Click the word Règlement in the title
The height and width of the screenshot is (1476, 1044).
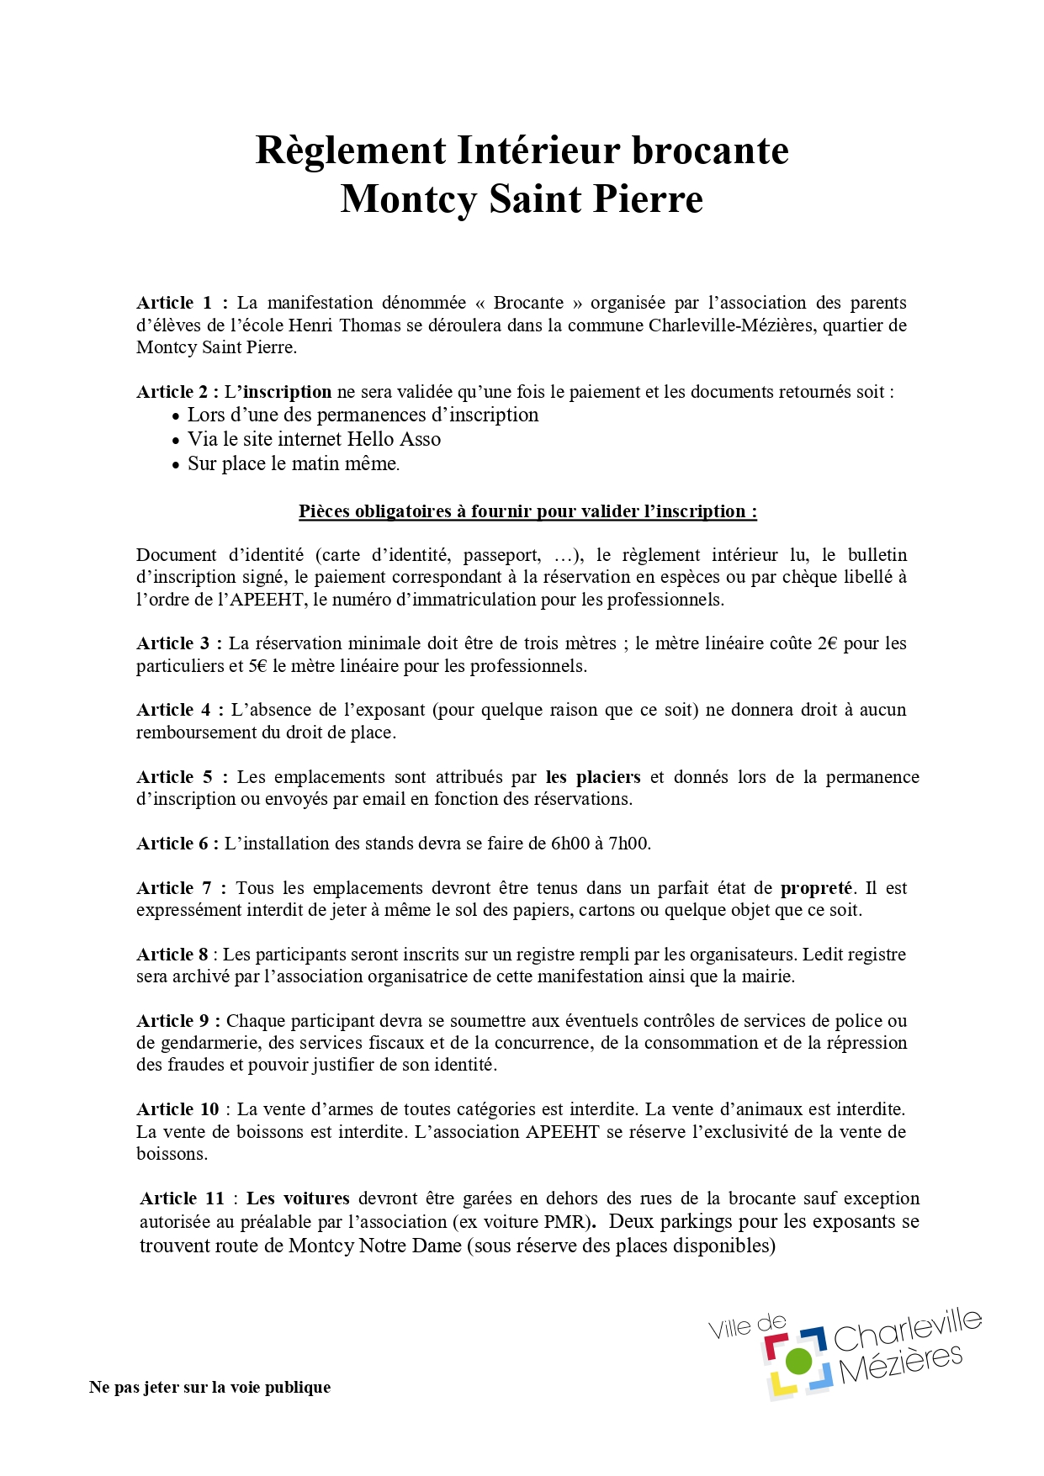[351, 151]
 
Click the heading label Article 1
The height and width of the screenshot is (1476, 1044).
[174, 303]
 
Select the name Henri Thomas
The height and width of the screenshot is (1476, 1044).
[345, 325]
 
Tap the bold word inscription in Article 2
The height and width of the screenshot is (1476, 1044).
[287, 392]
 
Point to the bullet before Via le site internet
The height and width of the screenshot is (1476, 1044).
[176, 441]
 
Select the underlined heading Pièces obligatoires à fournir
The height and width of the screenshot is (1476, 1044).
[527, 511]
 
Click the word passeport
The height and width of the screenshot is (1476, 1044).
[501, 555]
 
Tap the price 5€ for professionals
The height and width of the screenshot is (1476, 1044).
[257, 666]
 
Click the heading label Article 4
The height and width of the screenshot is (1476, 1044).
[174, 710]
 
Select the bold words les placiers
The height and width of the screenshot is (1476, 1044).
[593, 777]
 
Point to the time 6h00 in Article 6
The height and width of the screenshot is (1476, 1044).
[570, 844]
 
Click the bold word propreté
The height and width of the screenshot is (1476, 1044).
[816, 888]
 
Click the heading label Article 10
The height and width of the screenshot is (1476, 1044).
[178, 1109]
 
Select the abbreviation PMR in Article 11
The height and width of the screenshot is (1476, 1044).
[564, 1222]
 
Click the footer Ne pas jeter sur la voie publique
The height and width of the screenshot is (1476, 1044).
[209, 1388]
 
